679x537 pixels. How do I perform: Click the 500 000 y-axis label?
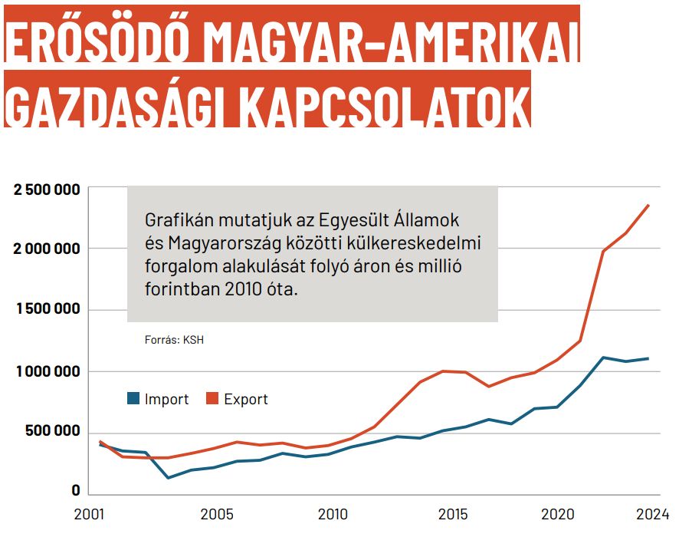(x=51, y=431)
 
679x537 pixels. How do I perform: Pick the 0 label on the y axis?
(x=76, y=491)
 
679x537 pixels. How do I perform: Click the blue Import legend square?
(x=133, y=398)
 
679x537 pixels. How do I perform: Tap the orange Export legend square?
(x=213, y=398)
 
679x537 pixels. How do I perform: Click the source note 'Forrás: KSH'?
(x=174, y=339)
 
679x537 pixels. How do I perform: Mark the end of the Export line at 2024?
(x=649, y=205)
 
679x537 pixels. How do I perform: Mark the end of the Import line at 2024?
(x=649, y=358)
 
